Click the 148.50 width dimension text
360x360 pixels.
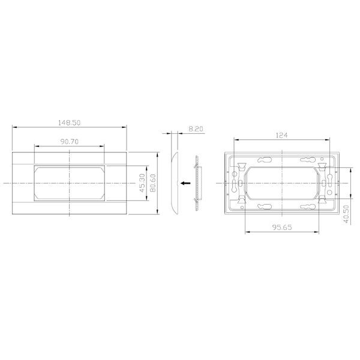[70, 122]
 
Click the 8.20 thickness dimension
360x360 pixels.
[196, 129]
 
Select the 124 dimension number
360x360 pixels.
[281, 136]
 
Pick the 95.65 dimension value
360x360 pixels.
[281, 228]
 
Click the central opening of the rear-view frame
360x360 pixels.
[281, 182]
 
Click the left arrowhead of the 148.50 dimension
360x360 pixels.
[14, 127]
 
